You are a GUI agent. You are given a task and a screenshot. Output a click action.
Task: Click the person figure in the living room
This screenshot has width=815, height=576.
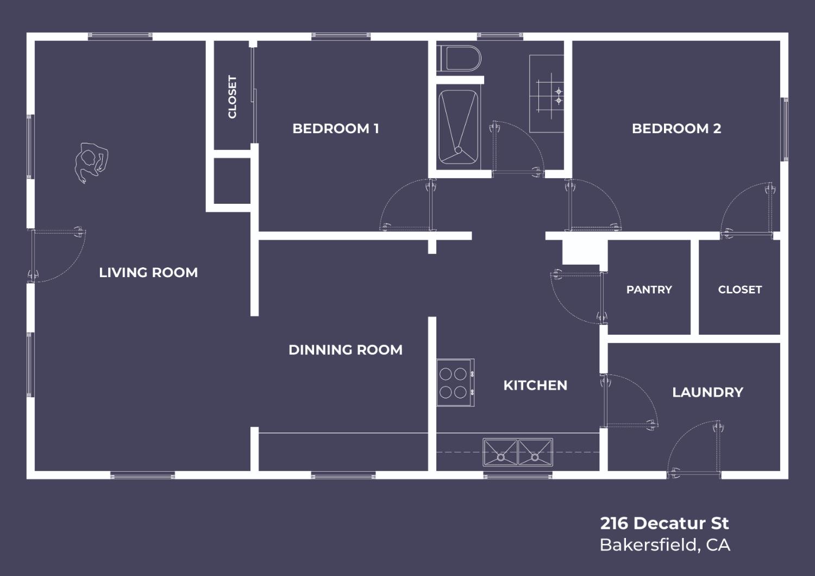[90, 162]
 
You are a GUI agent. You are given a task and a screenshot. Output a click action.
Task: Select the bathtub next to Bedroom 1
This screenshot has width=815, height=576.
[458, 127]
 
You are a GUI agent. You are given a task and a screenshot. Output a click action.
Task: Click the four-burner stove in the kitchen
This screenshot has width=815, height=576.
[455, 383]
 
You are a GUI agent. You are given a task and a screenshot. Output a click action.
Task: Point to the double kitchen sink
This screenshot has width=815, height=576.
[517, 452]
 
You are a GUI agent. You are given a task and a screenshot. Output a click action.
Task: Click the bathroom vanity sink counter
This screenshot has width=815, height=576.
[547, 94]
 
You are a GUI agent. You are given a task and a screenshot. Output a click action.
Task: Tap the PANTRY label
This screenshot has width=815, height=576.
[649, 290]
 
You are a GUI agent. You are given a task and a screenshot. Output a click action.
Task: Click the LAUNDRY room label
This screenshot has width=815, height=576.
[707, 392]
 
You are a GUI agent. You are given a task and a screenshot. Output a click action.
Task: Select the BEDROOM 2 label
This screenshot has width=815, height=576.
[676, 129]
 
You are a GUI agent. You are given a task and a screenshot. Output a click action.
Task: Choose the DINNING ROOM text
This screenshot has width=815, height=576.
[346, 350]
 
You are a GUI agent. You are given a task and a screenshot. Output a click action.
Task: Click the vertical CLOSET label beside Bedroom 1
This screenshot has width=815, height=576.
[233, 97]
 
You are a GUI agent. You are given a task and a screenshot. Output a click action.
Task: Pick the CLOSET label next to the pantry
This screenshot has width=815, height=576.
[739, 290]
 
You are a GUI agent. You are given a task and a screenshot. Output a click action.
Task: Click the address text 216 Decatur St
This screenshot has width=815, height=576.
[664, 523]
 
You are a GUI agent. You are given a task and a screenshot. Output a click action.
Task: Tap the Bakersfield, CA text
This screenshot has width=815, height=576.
[664, 544]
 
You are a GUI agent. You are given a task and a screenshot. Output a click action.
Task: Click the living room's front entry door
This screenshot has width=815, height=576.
[54, 254]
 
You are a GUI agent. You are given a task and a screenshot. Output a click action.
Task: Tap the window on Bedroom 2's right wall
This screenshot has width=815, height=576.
[785, 129]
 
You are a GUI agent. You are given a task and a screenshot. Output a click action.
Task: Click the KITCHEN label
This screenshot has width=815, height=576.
[535, 385]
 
